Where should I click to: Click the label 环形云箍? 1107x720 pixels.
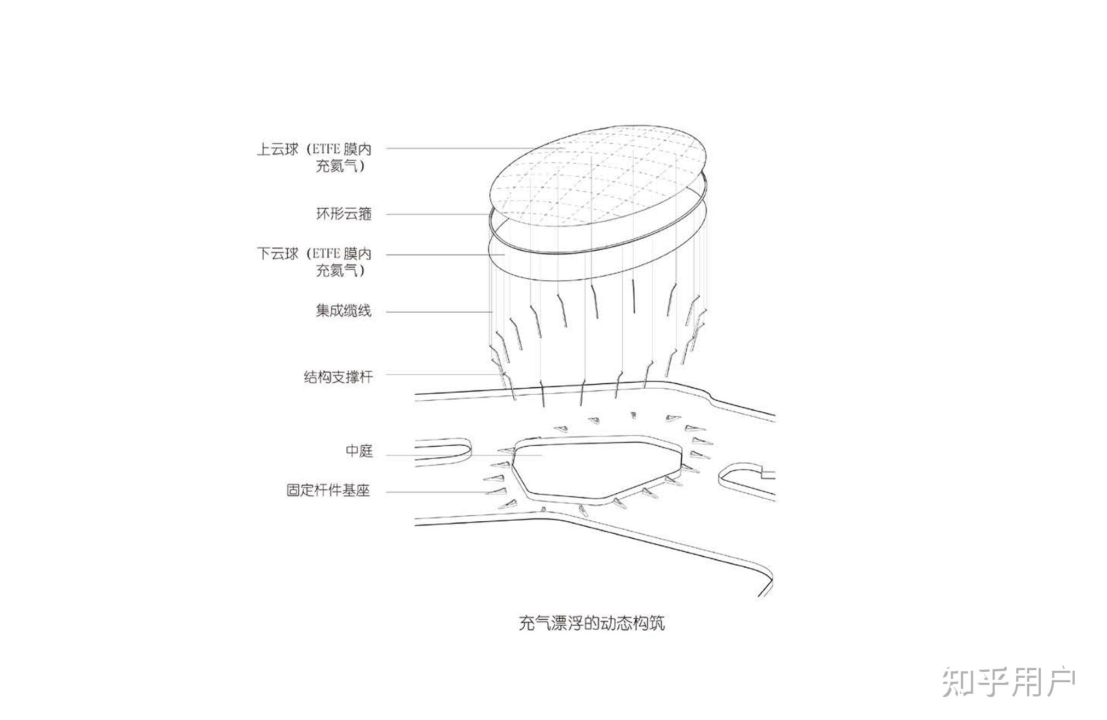click(344, 214)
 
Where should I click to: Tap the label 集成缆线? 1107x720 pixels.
click(343, 311)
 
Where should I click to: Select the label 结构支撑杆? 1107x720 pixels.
click(338, 376)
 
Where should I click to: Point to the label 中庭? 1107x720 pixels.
click(359, 451)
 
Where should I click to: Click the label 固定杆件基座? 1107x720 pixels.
click(328, 489)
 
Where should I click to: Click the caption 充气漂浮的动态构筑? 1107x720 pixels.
click(592, 623)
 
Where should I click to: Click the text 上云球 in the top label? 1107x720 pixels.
click(277, 149)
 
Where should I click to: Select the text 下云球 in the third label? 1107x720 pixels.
click(277, 254)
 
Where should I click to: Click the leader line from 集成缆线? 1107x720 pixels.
click(438, 312)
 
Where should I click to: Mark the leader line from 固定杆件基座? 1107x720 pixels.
click(438, 492)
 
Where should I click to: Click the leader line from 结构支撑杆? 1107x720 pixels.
click(438, 375)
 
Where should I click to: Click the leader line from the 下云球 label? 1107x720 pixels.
click(438, 255)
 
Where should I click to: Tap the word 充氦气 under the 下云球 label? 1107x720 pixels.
click(338, 270)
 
